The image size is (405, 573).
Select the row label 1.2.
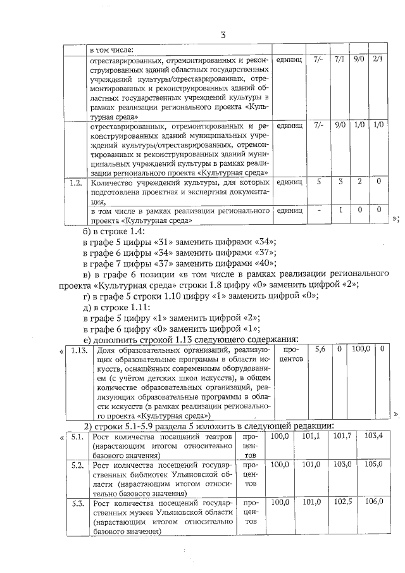tap(77, 183)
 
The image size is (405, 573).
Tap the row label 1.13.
tap(80, 349)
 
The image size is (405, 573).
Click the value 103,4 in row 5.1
tap(373, 436)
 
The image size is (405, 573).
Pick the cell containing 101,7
tap(342, 436)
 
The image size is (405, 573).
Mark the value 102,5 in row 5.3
tap(342, 501)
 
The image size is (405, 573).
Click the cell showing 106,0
tap(373, 501)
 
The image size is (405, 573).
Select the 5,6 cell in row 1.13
tap(321, 349)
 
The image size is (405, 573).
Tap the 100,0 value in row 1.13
tap(360, 349)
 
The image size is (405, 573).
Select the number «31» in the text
tap(168, 242)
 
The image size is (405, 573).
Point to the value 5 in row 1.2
tap(319, 183)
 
